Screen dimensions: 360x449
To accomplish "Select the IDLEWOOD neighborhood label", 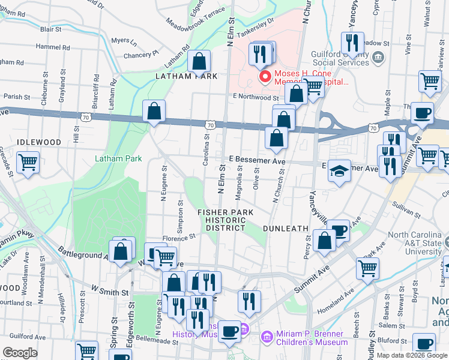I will [39, 142].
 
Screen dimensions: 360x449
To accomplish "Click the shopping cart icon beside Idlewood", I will [28, 162].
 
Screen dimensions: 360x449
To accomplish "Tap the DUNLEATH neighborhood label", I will [285, 229].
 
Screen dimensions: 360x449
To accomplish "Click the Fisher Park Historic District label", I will [226, 220].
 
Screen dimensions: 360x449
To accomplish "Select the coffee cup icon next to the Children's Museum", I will [229, 331].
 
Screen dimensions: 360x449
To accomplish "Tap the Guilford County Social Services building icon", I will [378, 58].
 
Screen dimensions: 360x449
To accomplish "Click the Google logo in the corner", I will [20, 353].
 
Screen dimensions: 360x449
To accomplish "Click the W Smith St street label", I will [109, 293].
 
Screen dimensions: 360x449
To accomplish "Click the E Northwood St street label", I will [252, 97].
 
